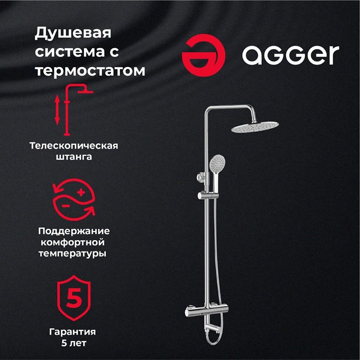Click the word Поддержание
point(73,231)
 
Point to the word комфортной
point(73,242)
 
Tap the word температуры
point(73,253)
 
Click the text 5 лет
point(73,343)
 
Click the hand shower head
point(217,162)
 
